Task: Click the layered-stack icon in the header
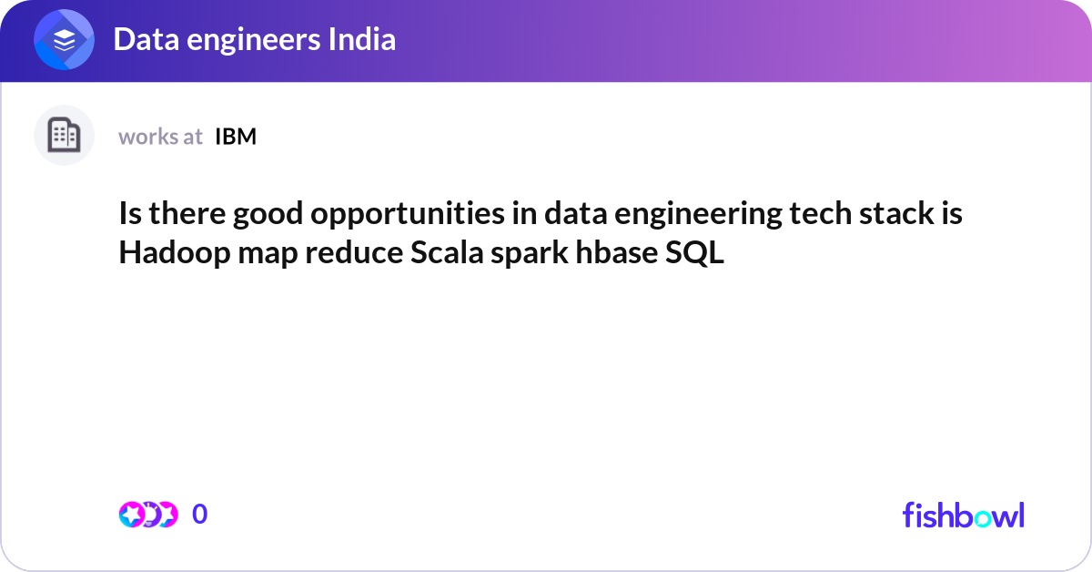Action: click(65, 40)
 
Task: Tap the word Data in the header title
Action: click(141, 40)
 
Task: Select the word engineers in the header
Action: click(248, 40)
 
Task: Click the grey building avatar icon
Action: click(65, 136)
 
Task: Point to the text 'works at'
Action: click(160, 137)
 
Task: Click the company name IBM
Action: click(236, 137)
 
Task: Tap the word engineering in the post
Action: click(683, 216)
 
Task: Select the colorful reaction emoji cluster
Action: click(147, 515)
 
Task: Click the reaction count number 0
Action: click(200, 515)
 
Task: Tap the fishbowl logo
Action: click(963, 515)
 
